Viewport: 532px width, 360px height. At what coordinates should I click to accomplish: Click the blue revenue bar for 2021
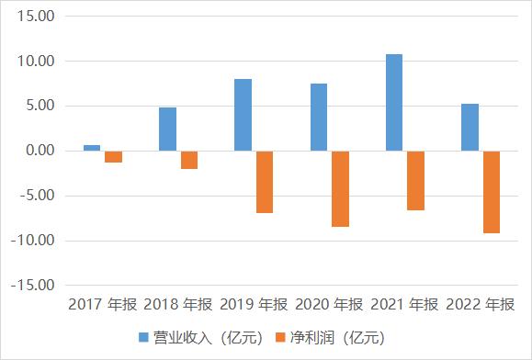(x=393, y=102)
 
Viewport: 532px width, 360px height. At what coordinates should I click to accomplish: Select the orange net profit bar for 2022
(x=491, y=192)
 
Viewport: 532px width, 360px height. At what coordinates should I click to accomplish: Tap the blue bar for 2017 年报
(x=92, y=147)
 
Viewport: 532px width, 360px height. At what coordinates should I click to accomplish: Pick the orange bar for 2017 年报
(x=113, y=156)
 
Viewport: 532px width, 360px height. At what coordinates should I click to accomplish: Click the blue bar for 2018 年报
(x=167, y=129)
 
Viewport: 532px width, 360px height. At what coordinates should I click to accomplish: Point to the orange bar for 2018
(x=188, y=160)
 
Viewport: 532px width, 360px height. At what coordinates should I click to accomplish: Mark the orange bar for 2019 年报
(x=265, y=182)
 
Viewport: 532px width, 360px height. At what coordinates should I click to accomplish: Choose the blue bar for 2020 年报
(x=318, y=117)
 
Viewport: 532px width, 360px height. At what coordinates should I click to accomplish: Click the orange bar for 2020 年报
(x=340, y=188)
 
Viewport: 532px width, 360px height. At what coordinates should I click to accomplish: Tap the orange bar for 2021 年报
(x=415, y=180)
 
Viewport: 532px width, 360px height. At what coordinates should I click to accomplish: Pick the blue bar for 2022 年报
(x=470, y=127)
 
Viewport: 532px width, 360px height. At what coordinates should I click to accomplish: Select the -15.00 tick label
(x=34, y=286)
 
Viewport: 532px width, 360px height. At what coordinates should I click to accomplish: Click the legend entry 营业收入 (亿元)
(x=198, y=337)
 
